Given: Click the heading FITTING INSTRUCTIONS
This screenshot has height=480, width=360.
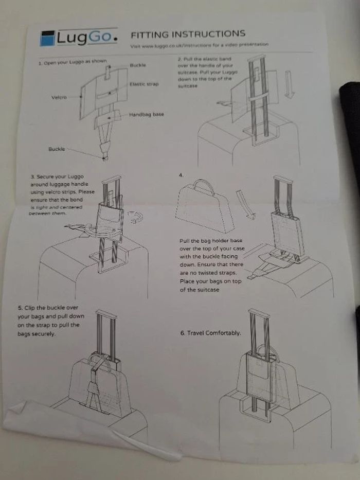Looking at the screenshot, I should [x=188, y=34].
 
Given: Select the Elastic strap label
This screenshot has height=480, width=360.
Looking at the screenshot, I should [x=144, y=84].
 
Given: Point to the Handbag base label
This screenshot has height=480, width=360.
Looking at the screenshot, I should [x=146, y=114].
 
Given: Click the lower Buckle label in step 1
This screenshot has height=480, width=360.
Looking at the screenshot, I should [x=57, y=149].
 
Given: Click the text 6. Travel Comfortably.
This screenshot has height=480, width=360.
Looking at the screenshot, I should [x=210, y=333].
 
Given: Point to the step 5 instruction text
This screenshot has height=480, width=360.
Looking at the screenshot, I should [x=50, y=321].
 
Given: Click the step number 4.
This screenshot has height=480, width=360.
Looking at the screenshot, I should [x=181, y=175].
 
